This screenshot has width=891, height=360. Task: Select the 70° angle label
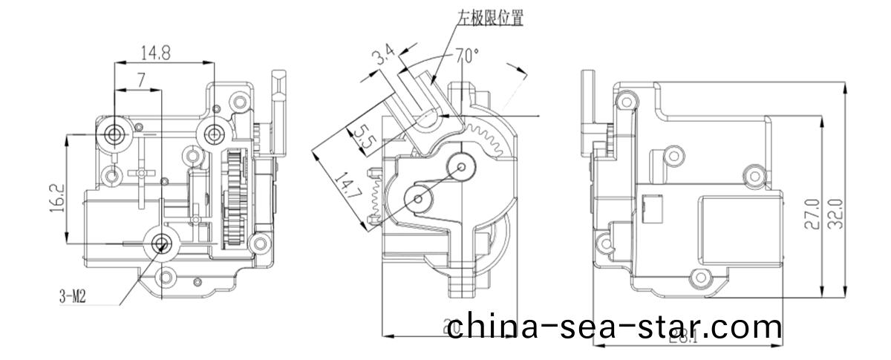pyautogui.click(x=466, y=55)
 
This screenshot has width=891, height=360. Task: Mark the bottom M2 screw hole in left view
pyautogui.click(x=162, y=243)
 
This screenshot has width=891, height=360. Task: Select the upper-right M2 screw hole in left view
pyautogui.click(x=215, y=133)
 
